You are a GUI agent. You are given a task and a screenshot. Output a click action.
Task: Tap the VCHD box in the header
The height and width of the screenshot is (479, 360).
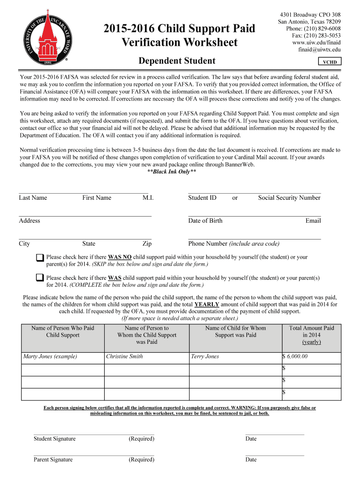[330, 62]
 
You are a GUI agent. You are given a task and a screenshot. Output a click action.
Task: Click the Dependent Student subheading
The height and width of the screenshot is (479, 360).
[177, 61]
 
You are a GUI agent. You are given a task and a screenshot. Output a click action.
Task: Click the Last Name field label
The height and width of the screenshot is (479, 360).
[33, 198]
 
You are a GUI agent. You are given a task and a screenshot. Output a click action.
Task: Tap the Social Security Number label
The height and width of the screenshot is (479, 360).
[289, 198]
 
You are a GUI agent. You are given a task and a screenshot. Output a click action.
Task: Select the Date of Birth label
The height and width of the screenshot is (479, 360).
[205, 221]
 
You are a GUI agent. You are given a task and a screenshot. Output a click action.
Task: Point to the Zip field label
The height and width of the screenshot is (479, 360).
[147, 244]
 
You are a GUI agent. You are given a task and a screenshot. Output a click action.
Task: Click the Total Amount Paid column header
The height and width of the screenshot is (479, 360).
[311, 335]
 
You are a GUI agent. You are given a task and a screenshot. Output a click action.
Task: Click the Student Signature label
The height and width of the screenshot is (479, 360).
[54, 439]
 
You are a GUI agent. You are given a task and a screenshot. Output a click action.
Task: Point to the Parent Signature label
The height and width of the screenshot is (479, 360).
[53, 459]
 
